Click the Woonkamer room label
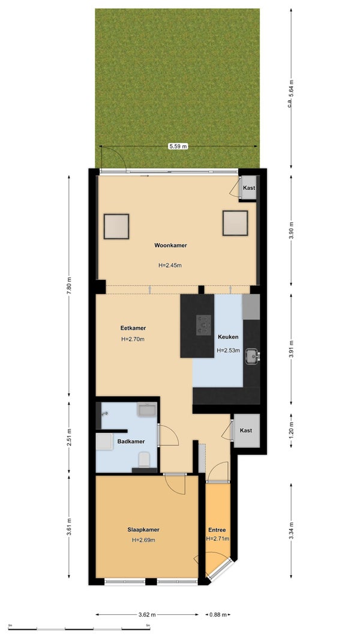(170, 246)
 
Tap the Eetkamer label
(133, 328)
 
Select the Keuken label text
(228, 337)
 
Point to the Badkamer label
(131, 441)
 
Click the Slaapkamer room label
(143, 530)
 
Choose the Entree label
(217, 530)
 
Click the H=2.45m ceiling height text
(170, 265)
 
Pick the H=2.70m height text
(133, 339)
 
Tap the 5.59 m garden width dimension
(178, 146)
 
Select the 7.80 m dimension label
(69, 285)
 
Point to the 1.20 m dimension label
(290, 430)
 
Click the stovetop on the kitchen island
(203, 325)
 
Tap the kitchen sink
(251, 356)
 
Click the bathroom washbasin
(147, 409)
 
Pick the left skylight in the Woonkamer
(116, 226)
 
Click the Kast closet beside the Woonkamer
(248, 188)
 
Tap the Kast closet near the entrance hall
(246, 430)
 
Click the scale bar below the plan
(80, 629)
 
